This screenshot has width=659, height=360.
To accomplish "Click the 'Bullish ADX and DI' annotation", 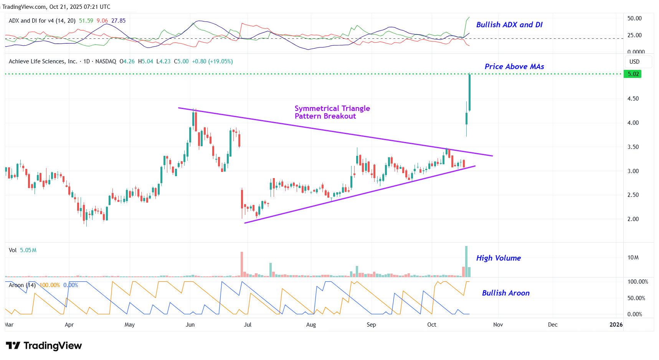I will (x=509, y=25).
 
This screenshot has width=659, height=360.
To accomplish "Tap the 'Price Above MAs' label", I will (x=514, y=67).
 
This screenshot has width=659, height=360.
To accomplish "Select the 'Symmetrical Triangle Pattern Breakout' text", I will (x=332, y=112).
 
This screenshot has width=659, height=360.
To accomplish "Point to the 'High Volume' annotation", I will (x=498, y=258).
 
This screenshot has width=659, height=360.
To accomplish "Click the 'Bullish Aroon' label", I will (x=505, y=293).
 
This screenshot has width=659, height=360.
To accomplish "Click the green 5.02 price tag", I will (x=633, y=74).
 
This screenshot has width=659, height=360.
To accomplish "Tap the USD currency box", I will (x=634, y=62).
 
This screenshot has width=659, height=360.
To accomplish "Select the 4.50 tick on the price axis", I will (x=633, y=99).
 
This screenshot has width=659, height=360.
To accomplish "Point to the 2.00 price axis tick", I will (x=633, y=219).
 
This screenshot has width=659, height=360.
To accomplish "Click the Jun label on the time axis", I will (x=190, y=325).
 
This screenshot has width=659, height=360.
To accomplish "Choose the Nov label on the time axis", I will (x=498, y=325).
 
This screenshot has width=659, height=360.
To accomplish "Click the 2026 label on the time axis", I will (x=616, y=325).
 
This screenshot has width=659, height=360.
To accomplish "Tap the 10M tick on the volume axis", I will (x=633, y=258).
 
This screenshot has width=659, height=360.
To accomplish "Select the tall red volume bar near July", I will (x=242, y=264).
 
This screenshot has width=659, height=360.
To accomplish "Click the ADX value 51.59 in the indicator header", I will (x=86, y=21).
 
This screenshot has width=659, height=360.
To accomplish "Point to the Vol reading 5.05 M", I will (x=28, y=250).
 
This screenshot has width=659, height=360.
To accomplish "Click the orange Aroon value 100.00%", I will (x=50, y=285).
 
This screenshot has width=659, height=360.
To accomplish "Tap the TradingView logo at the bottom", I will (x=44, y=346).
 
